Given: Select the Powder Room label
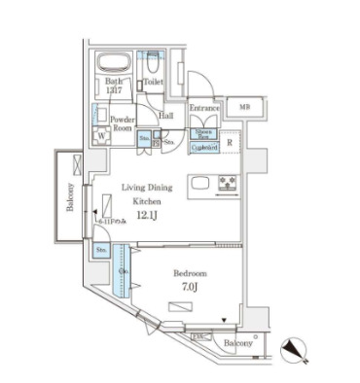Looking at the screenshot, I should (122, 122).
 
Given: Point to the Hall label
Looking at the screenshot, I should (166, 115).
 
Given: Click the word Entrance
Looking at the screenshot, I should (204, 108).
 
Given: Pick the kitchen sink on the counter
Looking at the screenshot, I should (198, 183).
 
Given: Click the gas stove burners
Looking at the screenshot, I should (229, 182).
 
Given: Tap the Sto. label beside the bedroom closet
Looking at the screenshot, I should (100, 251).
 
